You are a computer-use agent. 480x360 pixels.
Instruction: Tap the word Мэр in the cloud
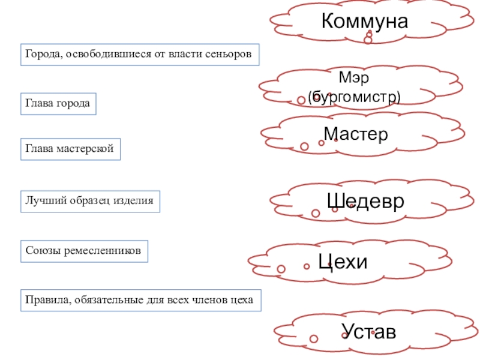353,78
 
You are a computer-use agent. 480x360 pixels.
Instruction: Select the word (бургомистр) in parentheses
353,96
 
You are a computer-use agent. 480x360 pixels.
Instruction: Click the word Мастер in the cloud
355,133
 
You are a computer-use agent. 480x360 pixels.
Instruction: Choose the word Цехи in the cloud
342,262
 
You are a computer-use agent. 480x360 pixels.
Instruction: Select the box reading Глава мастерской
70,148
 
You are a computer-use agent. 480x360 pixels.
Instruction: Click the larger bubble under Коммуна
368,40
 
